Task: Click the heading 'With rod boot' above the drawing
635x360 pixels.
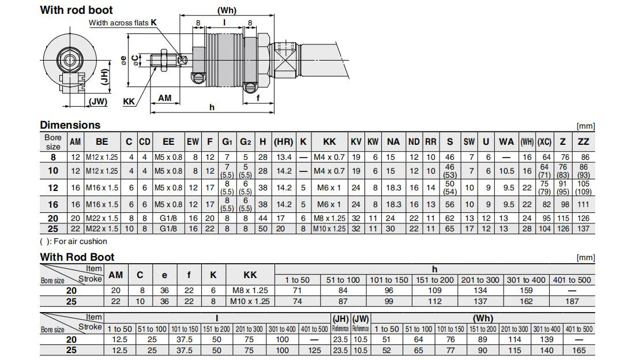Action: pyautogui.click(x=76, y=10)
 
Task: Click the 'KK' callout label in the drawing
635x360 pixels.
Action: pyautogui.click(x=129, y=102)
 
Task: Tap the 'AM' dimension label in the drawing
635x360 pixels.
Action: pyautogui.click(x=165, y=98)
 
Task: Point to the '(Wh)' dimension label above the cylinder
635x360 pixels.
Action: pyautogui.click(x=227, y=10)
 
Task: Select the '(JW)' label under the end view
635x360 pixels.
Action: pyautogui.click(x=98, y=101)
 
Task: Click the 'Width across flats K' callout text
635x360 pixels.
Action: pyautogui.click(x=123, y=22)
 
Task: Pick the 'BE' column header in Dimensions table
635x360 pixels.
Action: pyautogui.click(x=102, y=142)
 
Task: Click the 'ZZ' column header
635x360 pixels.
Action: pyautogui.click(x=584, y=142)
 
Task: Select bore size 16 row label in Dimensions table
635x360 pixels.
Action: pyautogui.click(x=53, y=204)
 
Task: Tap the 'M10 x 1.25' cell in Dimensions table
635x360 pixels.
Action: pyautogui.click(x=330, y=229)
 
